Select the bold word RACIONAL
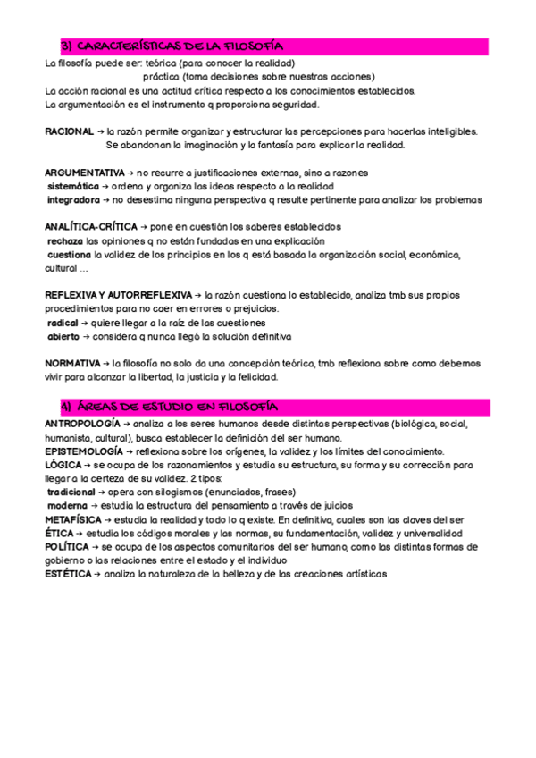[x=69, y=131]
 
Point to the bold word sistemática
[x=73, y=186]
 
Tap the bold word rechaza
[x=65, y=241]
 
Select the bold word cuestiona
[x=70, y=255]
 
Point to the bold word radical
[x=63, y=323]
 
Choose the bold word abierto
[x=63, y=336]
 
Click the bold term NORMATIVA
[x=72, y=364]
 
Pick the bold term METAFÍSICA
[x=75, y=519]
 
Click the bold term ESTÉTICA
[x=68, y=573]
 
